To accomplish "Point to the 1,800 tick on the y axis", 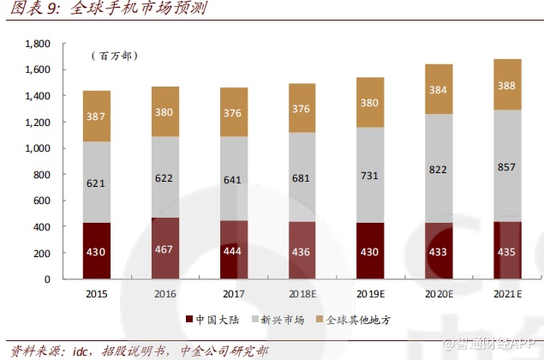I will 39,43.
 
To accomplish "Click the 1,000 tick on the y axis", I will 39,148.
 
